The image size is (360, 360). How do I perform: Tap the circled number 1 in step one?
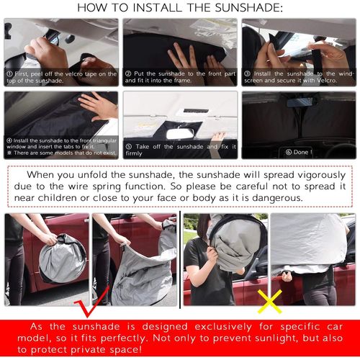pyautogui.click(x=9, y=73)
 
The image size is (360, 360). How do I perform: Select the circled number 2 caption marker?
pyautogui.click(x=128, y=73)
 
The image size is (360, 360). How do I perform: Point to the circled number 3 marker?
pyautogui.click(x=246, y=73)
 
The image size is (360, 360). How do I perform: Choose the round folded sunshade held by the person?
pyautogui.click(x=61, y=258)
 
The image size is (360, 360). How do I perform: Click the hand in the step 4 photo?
pyautogui.click(x=101, y=106)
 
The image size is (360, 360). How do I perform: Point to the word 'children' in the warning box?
pyautogui.click(x=78, y=197)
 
